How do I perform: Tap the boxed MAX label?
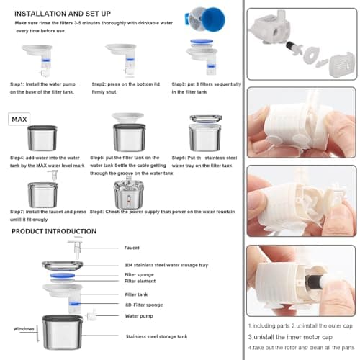pyautogui.click(x=19, y=118)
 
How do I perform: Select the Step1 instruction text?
pyautogui.click(x=43, y=87)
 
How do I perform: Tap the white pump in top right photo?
pyautogui.click(x=274, y=32)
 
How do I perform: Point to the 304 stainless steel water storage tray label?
pyautogui.click(x=166, y=265)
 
